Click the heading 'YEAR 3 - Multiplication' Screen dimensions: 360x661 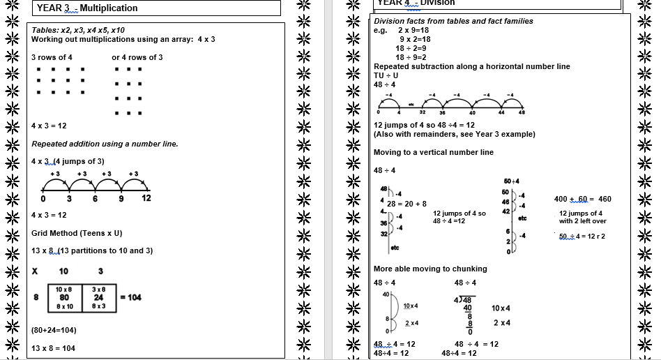click(87, 8)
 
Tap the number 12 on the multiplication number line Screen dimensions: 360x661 click(146, 198)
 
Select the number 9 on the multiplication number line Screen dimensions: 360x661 click(121, 198)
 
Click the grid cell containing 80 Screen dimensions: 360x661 click(64, 297)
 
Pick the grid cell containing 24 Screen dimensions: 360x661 click(98, 297)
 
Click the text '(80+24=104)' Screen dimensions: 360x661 click(54, 330)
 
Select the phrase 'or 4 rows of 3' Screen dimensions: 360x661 click(137, 57)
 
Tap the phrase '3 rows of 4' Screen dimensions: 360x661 click(52, 57)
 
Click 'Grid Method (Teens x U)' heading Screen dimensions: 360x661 click(77, 233)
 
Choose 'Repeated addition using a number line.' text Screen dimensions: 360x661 click(105, 144)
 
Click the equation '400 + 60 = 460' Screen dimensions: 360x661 click(582, 199)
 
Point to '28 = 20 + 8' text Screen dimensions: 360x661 click(407, 204)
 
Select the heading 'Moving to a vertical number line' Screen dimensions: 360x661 click(433, 152)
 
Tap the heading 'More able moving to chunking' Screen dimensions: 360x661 click(430, 269)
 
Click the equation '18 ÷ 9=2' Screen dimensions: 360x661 click(411, 57)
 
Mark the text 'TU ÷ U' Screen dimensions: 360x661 click(386, 75)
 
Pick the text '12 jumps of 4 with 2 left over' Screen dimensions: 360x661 click(582, 217)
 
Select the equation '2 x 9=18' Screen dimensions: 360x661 click(413, 30)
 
